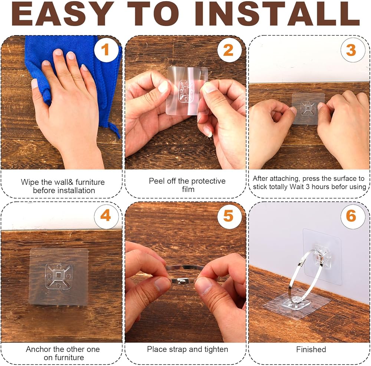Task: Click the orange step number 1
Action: pos(105,50)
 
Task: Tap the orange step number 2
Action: pos(228,50)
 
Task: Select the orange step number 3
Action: pos(351,50)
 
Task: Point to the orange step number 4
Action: pos(105,215)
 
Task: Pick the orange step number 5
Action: pos(228,215)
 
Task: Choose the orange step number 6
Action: pos(351,215)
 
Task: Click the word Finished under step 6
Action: pos(311,349)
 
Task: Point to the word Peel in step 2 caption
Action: pos(156,181)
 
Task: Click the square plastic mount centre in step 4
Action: pos(59,276)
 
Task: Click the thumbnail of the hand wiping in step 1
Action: pos(62,102)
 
